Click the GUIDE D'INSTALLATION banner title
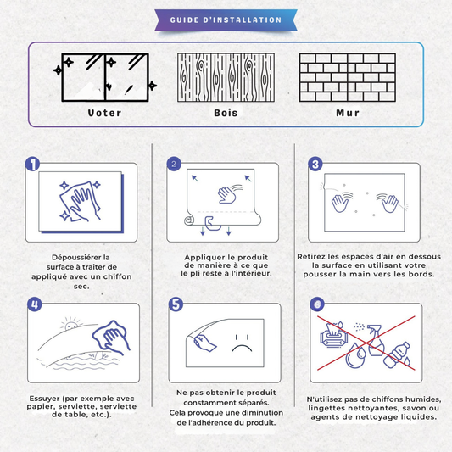[x=226, y=20]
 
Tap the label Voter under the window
[x=104, y=113]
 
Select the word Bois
[x=226, y=113]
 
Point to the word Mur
[x=348, y=113]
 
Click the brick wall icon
[x=348, y=77]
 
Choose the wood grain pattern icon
[x=226, y=77]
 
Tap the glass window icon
[x=105, y=77]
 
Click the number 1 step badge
[x=32, y=164]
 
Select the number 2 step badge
[x=174, y=164]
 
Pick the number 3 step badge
[x=315, y=164]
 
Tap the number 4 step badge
[x=35, y=304]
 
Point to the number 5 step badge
[x=176, y=304]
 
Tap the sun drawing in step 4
[x=71, y=325]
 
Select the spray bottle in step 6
[x=376, y=340]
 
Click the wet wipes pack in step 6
[x=333, y=335]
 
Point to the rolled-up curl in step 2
[x=189, y=220]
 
